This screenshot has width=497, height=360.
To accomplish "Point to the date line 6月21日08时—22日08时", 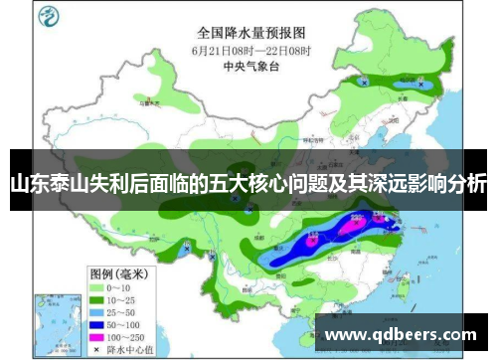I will [250, 50].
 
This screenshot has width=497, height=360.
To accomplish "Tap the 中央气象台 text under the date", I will [250, 68].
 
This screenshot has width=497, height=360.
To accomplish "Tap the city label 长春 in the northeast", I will [402, 98].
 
